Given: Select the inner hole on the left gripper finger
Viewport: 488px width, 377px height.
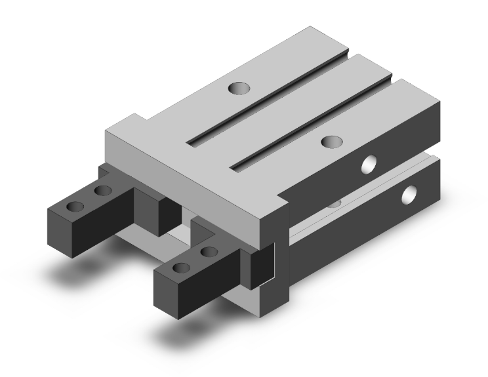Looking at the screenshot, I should coord(102,191).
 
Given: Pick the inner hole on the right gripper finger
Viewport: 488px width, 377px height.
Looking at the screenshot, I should coord(209,251).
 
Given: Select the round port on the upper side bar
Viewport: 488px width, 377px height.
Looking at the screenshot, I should coord(370,164).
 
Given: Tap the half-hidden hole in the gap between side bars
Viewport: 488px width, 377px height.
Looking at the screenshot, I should coord(335,203).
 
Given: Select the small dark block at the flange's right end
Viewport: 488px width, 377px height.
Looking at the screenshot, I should coord(261,265).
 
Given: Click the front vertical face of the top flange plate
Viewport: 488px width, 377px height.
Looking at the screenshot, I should coord(190,184).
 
